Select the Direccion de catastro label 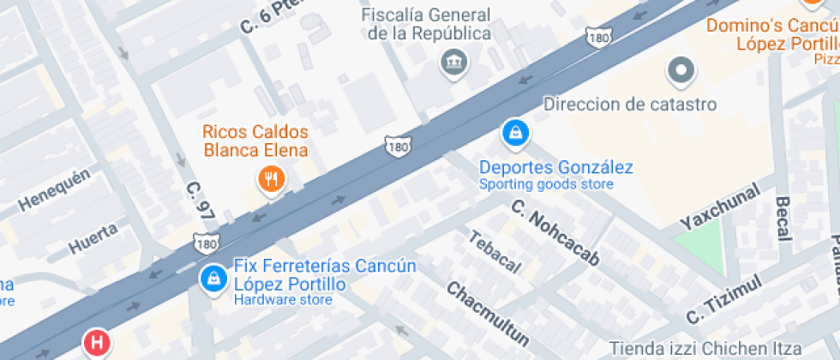pyautogui.click(x=630, y=105)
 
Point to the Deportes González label pyautogui.click(x=555, y=167)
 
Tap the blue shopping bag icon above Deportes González pyautogui.click(x=515, y=133)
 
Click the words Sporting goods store pyautogui.click(x=546, y=184)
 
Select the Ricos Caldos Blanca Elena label pyautogui.click(x=255, y=141)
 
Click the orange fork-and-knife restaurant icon pyautogui.click(x=272, y=179)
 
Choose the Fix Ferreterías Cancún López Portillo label pyautogui.click(x=325, y=274)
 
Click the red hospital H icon pyautogui.click(x=97, y=344)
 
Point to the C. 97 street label pyautogui.click(x=199, y=204)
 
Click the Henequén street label pyautogui.click(x=54, y=190)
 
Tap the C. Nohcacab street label pyautogui.click(x=555, y=231)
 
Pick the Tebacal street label pyautogui.click(x=494, y=251)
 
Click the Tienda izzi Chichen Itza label pyautogui.click(x=705, y=349)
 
